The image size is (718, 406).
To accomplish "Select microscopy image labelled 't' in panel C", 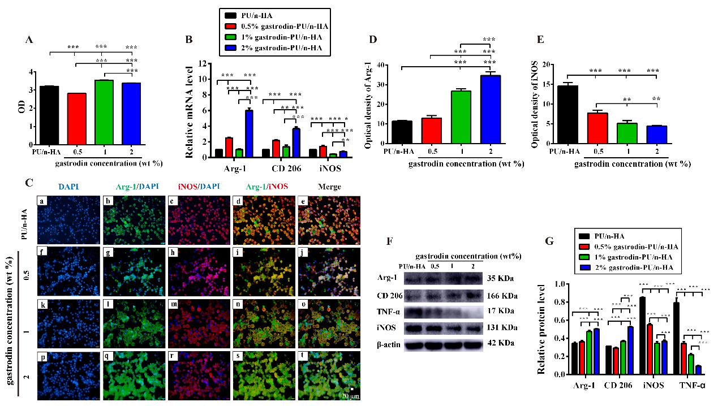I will pyautogui.click(x=330, y=375).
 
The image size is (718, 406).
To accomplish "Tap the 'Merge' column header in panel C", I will pyautogui.click(x=329, y=187).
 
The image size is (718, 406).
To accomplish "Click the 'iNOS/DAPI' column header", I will pyautogui.click(x=199, y=187).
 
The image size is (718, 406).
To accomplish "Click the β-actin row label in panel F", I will pyautogui.click(x=389, y=344).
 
